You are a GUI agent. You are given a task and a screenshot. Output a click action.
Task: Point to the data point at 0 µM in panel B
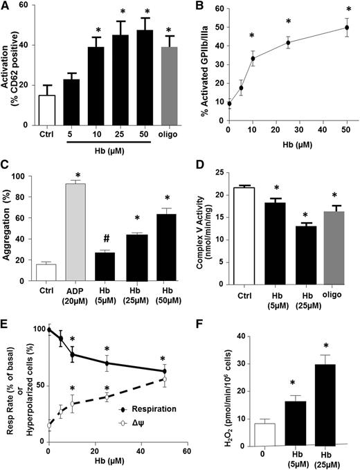click(x=229, y=104)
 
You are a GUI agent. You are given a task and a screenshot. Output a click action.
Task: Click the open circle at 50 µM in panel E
click(x=164, y=379)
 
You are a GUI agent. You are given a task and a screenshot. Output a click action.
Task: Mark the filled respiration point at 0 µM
click(x=48, y=329)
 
